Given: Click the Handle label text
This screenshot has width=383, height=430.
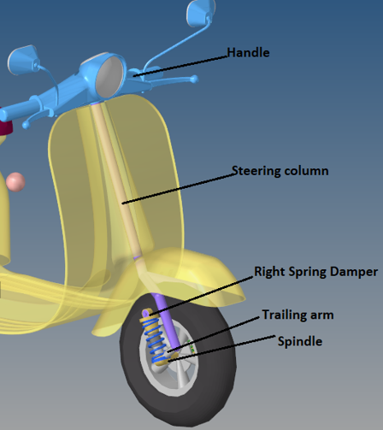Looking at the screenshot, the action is (248, 53).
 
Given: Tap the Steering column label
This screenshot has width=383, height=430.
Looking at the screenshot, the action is (280, 171).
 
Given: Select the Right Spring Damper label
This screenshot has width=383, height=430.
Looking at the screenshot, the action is (315, 272).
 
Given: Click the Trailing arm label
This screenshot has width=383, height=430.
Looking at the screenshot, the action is (298, 315).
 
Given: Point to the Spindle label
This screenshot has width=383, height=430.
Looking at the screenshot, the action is (300, 341).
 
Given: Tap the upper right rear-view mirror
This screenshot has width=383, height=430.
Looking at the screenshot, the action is (200, 12).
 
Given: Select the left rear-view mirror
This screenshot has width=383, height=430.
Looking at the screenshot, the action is (23, 60).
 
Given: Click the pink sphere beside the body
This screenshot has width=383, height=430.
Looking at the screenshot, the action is (15, 182).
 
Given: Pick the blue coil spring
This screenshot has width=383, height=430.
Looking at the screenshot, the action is (156, 340).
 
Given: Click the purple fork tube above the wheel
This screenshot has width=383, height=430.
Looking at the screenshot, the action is (168, 320).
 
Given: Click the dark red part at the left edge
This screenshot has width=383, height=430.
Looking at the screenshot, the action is (6, 127).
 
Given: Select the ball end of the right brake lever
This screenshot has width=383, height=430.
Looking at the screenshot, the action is (194, 79).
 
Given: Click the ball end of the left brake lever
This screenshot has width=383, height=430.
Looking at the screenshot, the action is (27, 125).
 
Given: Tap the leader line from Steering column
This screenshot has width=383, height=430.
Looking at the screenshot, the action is (179, 188).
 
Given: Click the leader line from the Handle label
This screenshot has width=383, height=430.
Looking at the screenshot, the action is (180, 66).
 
